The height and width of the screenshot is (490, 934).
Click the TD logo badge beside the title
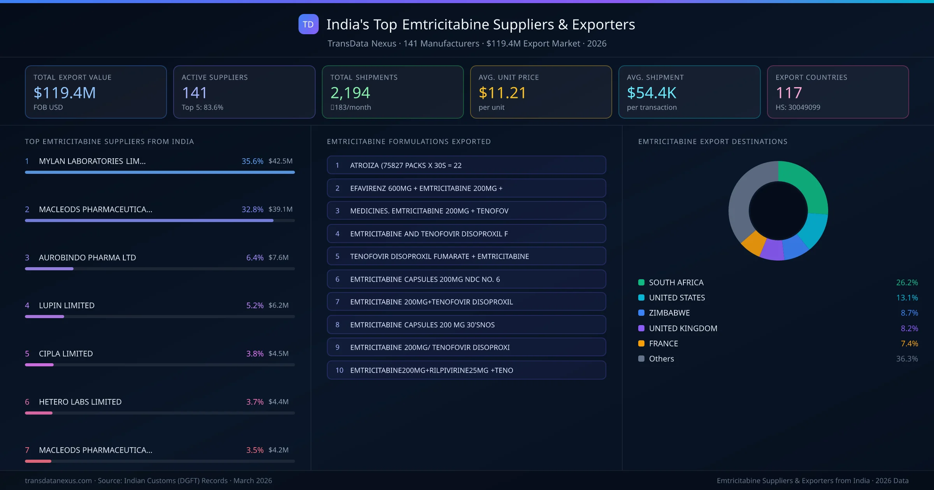click(x=308, y=24)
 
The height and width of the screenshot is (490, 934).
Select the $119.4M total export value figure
click(x=65, y=93)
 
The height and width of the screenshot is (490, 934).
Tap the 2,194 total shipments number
click(x=350, y=93)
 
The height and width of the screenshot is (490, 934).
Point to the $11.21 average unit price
click(x=502, y=93)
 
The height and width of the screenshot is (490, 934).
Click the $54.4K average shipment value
click(x=651, y=93)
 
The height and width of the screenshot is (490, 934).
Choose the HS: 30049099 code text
click(x=797, y=107)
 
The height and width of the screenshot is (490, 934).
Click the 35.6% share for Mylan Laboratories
click(x=252, y=161)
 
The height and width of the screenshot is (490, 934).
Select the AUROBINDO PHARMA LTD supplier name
click(x=87, y=257)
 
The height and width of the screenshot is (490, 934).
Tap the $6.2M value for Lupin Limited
click(x=278, y=305)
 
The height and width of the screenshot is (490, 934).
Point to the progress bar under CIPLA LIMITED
click(x=160, y=365)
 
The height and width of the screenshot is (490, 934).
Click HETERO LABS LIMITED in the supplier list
click(x=80, y=402)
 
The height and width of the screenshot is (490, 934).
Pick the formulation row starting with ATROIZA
click(x=466, y=165)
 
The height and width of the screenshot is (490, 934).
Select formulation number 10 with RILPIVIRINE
click(x=466, y=370)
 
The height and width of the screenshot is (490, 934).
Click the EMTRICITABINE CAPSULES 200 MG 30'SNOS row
click(x=466, y=325)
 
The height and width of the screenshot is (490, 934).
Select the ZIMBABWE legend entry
click(x=669, y=313)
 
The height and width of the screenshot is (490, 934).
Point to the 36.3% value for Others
click(x=907, y=359)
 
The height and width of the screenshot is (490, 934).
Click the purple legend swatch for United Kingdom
click(x=641, y=328)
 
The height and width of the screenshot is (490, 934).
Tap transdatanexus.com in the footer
click(x=58, y=481)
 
